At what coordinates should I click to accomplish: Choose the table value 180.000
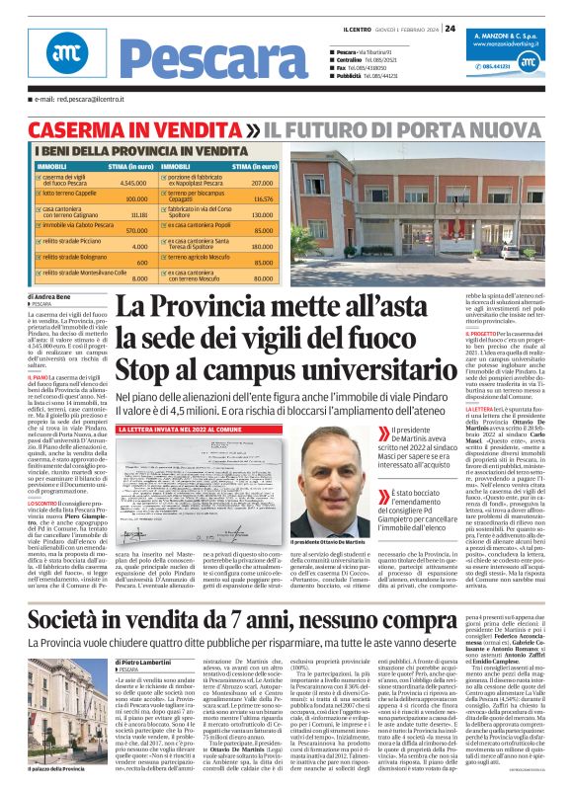click(x=261, y=246)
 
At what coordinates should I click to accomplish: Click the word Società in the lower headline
click(x=78, y=592)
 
